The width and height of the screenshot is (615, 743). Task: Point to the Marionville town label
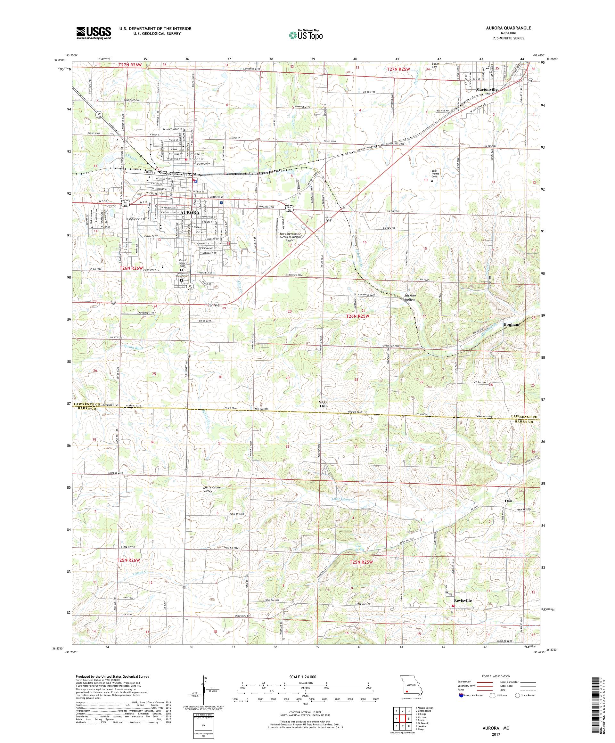[487, 90]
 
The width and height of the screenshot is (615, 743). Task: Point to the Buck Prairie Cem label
[435, 174]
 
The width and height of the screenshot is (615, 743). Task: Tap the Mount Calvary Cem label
[183, 263]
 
